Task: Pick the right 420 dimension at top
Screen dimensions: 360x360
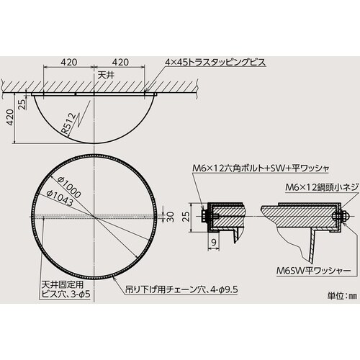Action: coord(121,61)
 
